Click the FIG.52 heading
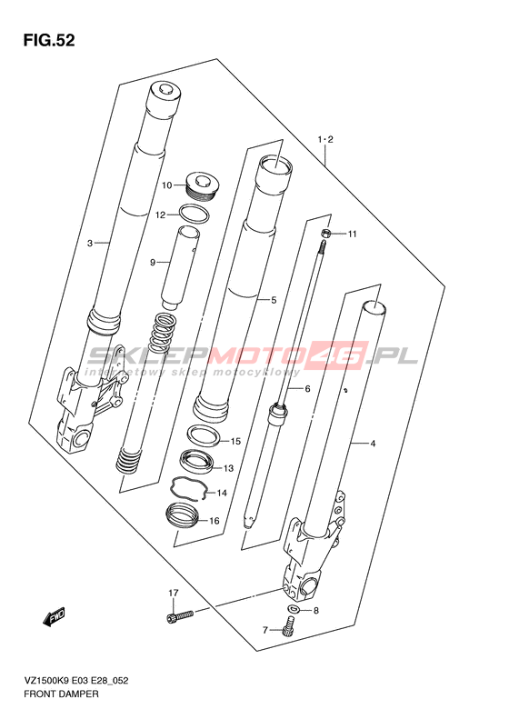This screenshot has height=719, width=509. [x=48, y=40]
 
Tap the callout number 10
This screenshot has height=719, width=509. [x=166, y=185]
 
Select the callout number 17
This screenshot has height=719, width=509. [x=173, y=594]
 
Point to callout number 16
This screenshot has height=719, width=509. [x=215, y=521]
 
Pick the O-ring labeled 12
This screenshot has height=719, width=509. [x=194, y=215]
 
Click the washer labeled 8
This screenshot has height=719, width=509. [x=294, y=609]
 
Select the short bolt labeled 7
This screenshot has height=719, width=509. [x=289, y=626]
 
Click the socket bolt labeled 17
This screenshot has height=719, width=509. [x=180, y=615]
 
